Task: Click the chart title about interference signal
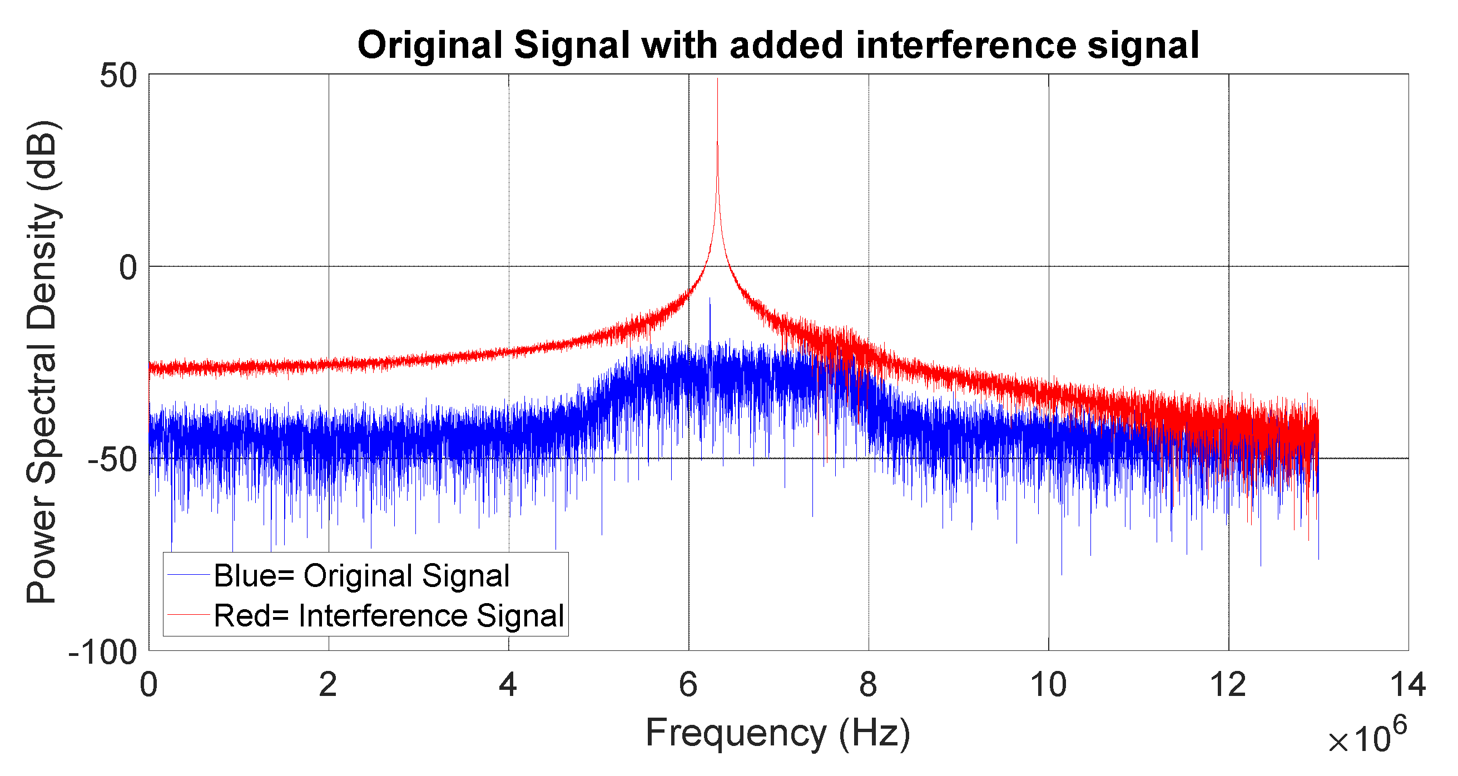pyautogui.click(x=778, y=45)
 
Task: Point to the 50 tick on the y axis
pyautogui.click(x=118, y=76)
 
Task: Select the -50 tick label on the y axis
pyautogui.click(x=113, y=459)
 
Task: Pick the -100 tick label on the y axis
pyautogui.click(x=103, y=652)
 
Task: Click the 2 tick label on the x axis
pyautogui.click(x=328, y=685)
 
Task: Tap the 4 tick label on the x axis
pyautogui.click(x=508, y=685)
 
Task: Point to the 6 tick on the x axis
pyautogui.click(x=688, y=685)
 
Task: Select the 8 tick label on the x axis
pyautogui.click(x=868, y=685)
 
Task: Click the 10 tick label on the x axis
pyautogui.click(x=1048, y=685)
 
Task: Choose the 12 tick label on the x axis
pyautogui.click(x=1228, y=685)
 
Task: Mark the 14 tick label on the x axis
pyautogui.click(x=1408, y=685)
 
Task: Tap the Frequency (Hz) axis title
pyautogui.click(x=778, y=733)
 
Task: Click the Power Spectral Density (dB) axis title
pyautogui.click(x=42, y=362)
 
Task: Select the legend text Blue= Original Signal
pyautogui.click(x=361, y=576)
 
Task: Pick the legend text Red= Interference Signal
pyautogui.click(x=389, y=615)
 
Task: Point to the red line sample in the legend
pyautogui.click(x=189, y=615)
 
